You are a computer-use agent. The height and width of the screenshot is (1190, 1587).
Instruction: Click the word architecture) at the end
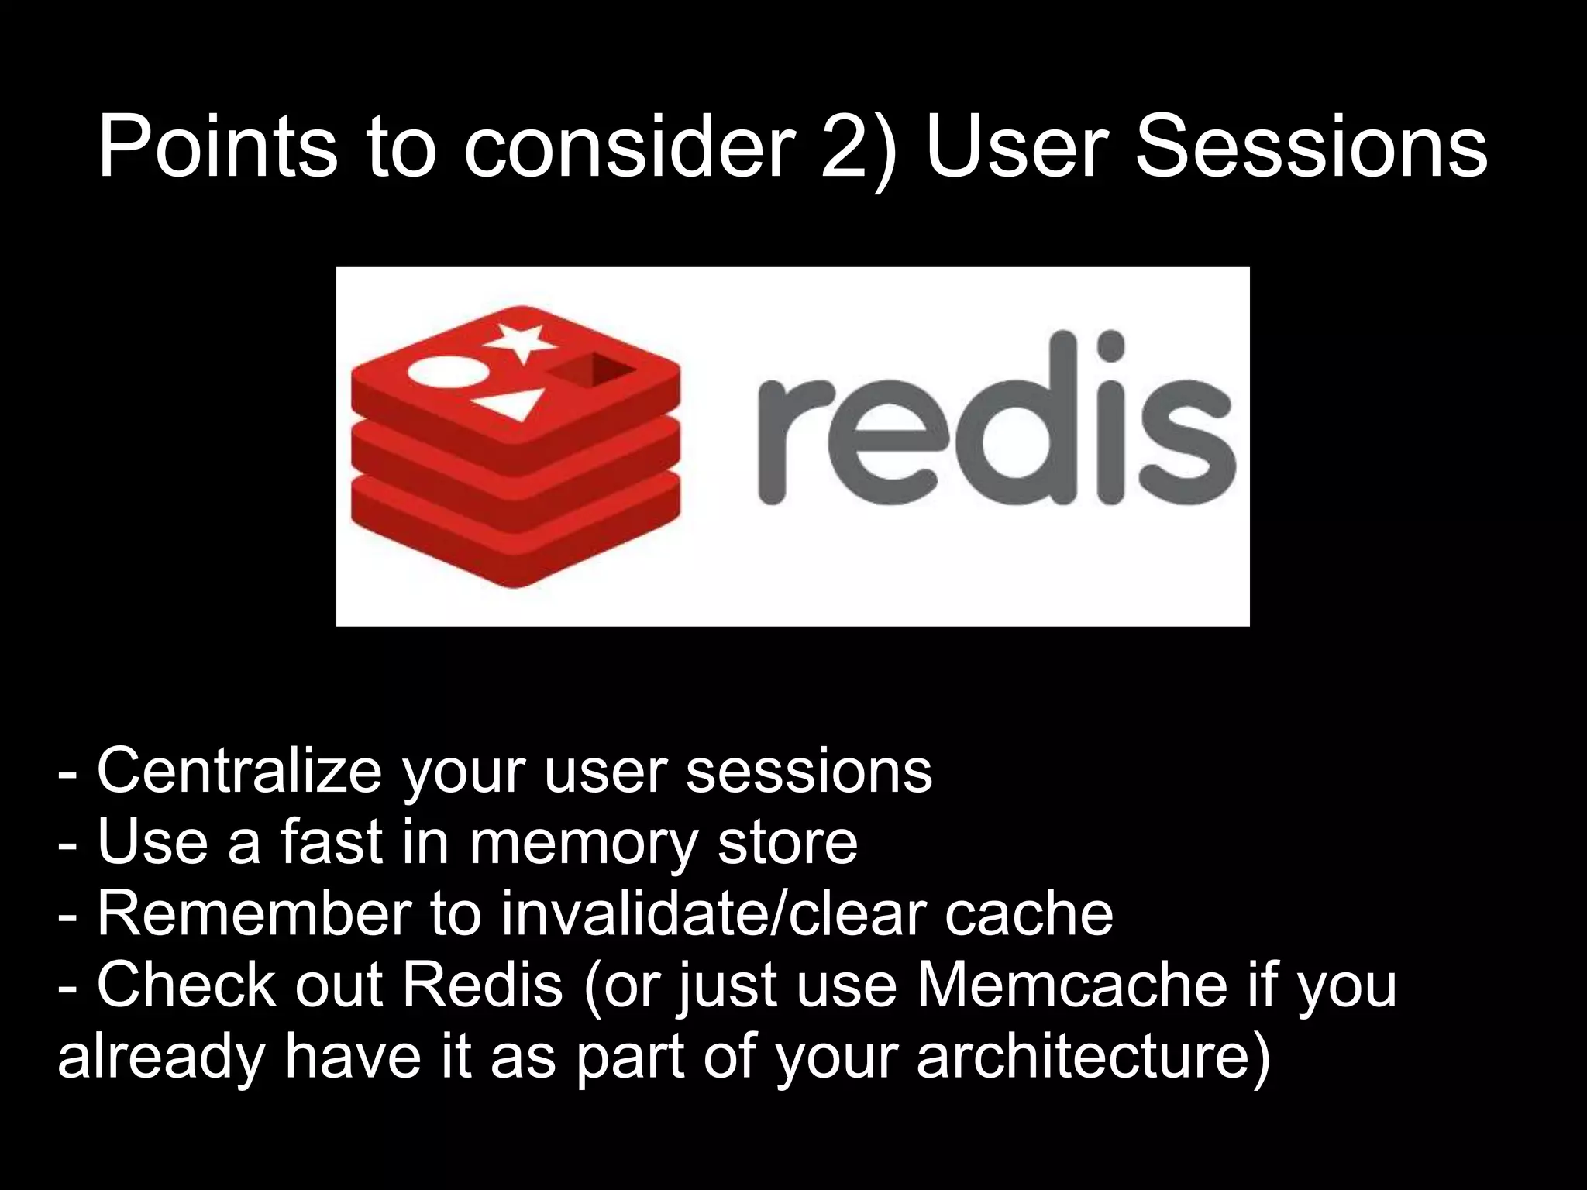tap(1093, 1057)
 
